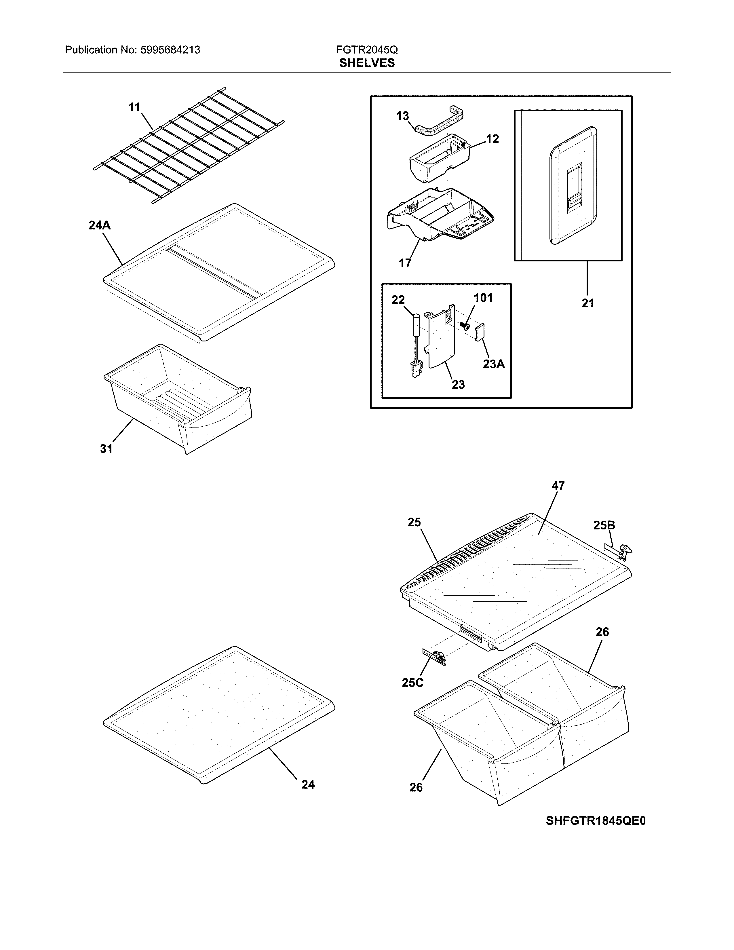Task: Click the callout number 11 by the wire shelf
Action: pyautogui.click(x=134, y=107)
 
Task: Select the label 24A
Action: pyautogui.click(x=100, y=225)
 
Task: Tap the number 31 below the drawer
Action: pyautogui.click(x=107, y=449)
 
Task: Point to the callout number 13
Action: pyautogui.click(x=402, y=116)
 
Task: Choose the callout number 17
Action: pyautogui.click(x=405, y=263)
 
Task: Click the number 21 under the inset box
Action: pyautogui.click(x=587, y=303)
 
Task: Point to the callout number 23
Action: pyautogui.click(x=458, y=385)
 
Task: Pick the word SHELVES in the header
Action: pyautogui.click(x=367, y=63)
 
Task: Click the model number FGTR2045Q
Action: pyautogui.click(x=367, y=50)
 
